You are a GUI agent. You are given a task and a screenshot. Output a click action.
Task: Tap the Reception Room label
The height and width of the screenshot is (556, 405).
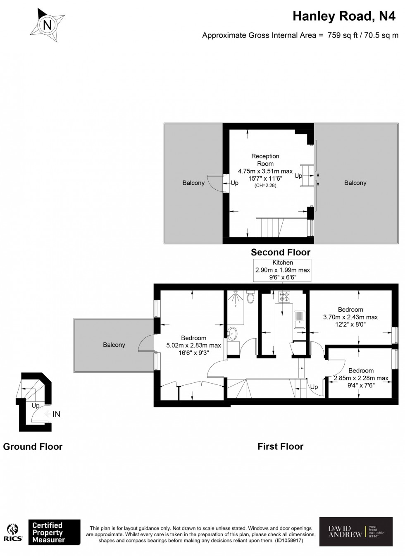pyautogui.click(x=265, y=160)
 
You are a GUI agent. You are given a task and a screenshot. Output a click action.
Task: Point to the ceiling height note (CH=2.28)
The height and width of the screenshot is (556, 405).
pyautogui.click(x=265, y=186)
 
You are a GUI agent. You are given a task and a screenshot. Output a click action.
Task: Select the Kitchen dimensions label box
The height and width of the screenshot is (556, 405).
pyautogui.click(x=283, y=270)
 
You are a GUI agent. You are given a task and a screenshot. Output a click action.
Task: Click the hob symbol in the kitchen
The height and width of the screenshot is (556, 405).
pyautogui.click(x=284, y=296)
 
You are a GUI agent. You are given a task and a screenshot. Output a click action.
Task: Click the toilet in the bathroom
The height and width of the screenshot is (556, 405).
pyautogui.click(x=250, y=298)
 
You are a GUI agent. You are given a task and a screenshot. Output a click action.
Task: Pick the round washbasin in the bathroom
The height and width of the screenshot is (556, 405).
pyautogui.click(x=233, y=332)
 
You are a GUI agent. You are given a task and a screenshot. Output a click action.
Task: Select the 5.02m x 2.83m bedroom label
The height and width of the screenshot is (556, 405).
pyautogui.click(x=193, y=346)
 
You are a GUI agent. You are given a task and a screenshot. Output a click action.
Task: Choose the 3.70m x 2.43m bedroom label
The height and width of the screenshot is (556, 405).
pyautogui.click(x=350, y=317)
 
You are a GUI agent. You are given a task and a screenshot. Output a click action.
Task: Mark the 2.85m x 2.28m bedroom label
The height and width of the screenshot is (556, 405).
pyautogui.click(x=361, y=378)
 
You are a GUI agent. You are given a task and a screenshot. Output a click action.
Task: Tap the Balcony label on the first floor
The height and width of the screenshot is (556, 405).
pyautogui.click(x=114, y=345)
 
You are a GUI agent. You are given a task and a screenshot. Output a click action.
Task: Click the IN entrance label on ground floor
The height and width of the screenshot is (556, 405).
pyautogui.click(x=56, y=414)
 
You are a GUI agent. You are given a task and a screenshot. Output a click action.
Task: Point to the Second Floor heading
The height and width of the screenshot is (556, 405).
pyautogui.click(x=281, y=252)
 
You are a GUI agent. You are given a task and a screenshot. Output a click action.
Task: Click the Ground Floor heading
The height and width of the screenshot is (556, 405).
pyautogui.click(x=33, y=446)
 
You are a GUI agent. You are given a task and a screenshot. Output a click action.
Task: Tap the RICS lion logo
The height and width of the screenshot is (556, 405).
pyautogui.click(x=14, y=532)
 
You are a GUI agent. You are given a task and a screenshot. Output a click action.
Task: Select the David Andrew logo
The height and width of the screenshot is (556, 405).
pyautogui.click(x=356, y=531)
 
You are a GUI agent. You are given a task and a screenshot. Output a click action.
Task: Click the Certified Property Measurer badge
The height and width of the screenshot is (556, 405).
pyautogui.click(x=54, y=532)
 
